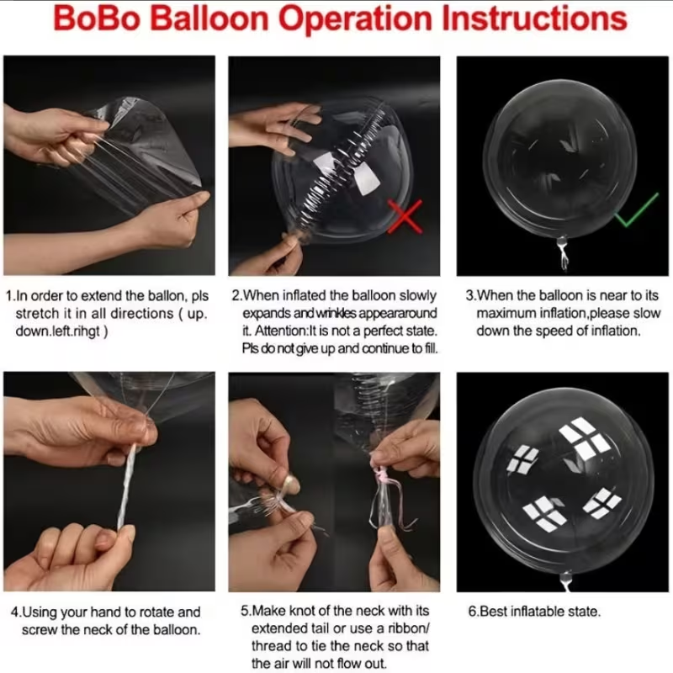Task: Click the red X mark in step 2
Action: (405, 216)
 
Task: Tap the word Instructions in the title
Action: (534, 19)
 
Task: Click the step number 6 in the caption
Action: (472, 612)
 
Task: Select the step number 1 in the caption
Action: (9, 296)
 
